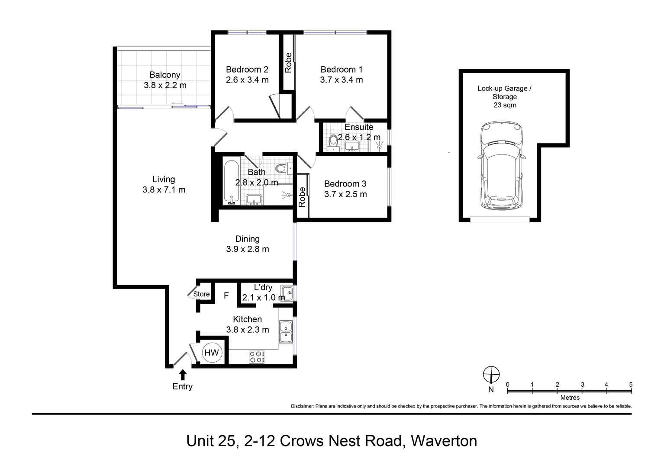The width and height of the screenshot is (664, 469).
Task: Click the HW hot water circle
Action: [212, 353]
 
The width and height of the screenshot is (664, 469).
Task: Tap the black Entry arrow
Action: [183, 375]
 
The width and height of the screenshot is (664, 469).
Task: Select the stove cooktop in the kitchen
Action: [257, 357]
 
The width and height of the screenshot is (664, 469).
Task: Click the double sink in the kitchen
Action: [286, 332]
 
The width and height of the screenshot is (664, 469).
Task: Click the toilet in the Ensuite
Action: [333, 141]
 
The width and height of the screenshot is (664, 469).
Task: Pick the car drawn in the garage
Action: [502, 167]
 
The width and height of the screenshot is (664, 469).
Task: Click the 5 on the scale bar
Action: [631, 384]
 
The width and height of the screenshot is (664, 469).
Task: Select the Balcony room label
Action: [165, 75]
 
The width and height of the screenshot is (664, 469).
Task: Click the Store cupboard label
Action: [201, 294]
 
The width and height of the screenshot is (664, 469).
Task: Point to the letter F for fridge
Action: [226, 296]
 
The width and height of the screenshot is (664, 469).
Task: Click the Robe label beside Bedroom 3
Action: [302, 196]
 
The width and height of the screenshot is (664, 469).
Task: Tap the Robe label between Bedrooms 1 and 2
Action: [288, 63]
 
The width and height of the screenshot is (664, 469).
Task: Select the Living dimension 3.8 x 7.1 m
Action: [164, 190]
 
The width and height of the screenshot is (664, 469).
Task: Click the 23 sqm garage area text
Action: [505, 105]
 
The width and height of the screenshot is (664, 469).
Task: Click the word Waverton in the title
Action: [444, 441]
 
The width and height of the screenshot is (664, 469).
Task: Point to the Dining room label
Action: [247, 239]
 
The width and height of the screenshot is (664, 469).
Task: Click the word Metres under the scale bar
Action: [570, 398]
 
